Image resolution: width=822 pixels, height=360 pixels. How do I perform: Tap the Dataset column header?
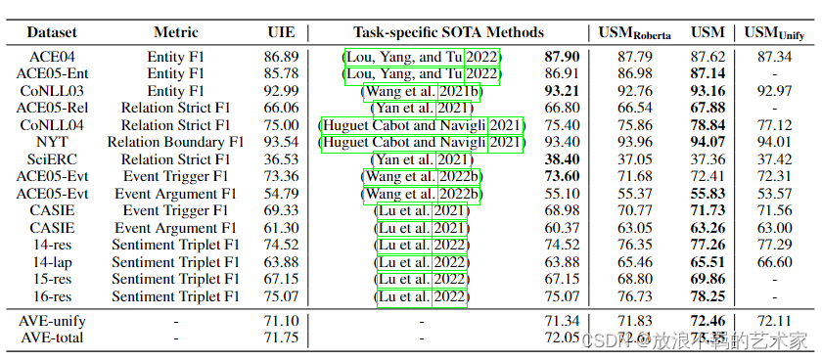click(45, 32)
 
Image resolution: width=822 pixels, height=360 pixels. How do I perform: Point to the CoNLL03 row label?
click(45, 91)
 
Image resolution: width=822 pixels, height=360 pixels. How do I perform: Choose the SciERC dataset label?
click(45, 159)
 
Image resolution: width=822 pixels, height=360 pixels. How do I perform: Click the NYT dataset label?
click(45, 142)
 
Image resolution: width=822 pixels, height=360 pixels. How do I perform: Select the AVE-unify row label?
click(45, 321)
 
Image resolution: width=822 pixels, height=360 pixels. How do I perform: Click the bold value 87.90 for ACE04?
click(561, 57)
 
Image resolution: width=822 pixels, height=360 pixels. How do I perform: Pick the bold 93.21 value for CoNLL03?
click(561, 91)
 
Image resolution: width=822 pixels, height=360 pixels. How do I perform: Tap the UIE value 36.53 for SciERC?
click(281, 159)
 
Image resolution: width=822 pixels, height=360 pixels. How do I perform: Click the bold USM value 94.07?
click(708, 142)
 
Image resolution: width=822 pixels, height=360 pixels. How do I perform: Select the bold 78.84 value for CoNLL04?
click(708, 125)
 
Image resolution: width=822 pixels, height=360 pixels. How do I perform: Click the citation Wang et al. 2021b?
click(422, 91)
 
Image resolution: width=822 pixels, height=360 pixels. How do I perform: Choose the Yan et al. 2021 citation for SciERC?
click(422, 159)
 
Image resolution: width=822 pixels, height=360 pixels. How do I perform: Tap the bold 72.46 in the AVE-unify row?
click(708, 321)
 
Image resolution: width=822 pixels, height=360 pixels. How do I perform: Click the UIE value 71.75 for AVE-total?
click(281, 337)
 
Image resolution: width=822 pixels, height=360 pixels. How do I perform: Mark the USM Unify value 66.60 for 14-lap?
click(774, 262)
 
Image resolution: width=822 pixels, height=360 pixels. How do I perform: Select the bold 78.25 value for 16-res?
click(708, 296)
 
